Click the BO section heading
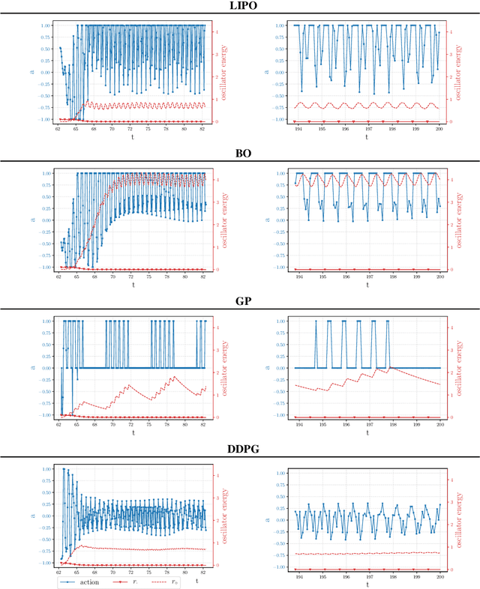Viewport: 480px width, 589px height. [x=239, y=154]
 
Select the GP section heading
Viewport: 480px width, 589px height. [x=239, y=301]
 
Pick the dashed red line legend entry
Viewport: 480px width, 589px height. [x=172, y=581]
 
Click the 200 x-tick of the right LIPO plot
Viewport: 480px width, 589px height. [x=439, y=128]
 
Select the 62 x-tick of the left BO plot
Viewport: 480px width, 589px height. [x=58, y=276]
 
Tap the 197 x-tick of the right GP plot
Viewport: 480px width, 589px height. [x=367, y=423]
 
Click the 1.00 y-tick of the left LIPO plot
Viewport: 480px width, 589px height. [x=47, y=25]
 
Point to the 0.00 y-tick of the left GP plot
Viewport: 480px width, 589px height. [x=47, y=369]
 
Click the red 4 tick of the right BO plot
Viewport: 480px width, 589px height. [x=448, y=180]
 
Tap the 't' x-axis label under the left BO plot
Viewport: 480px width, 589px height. [x=132, y=285]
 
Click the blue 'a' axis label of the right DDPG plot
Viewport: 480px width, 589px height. [x=267, y=519]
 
